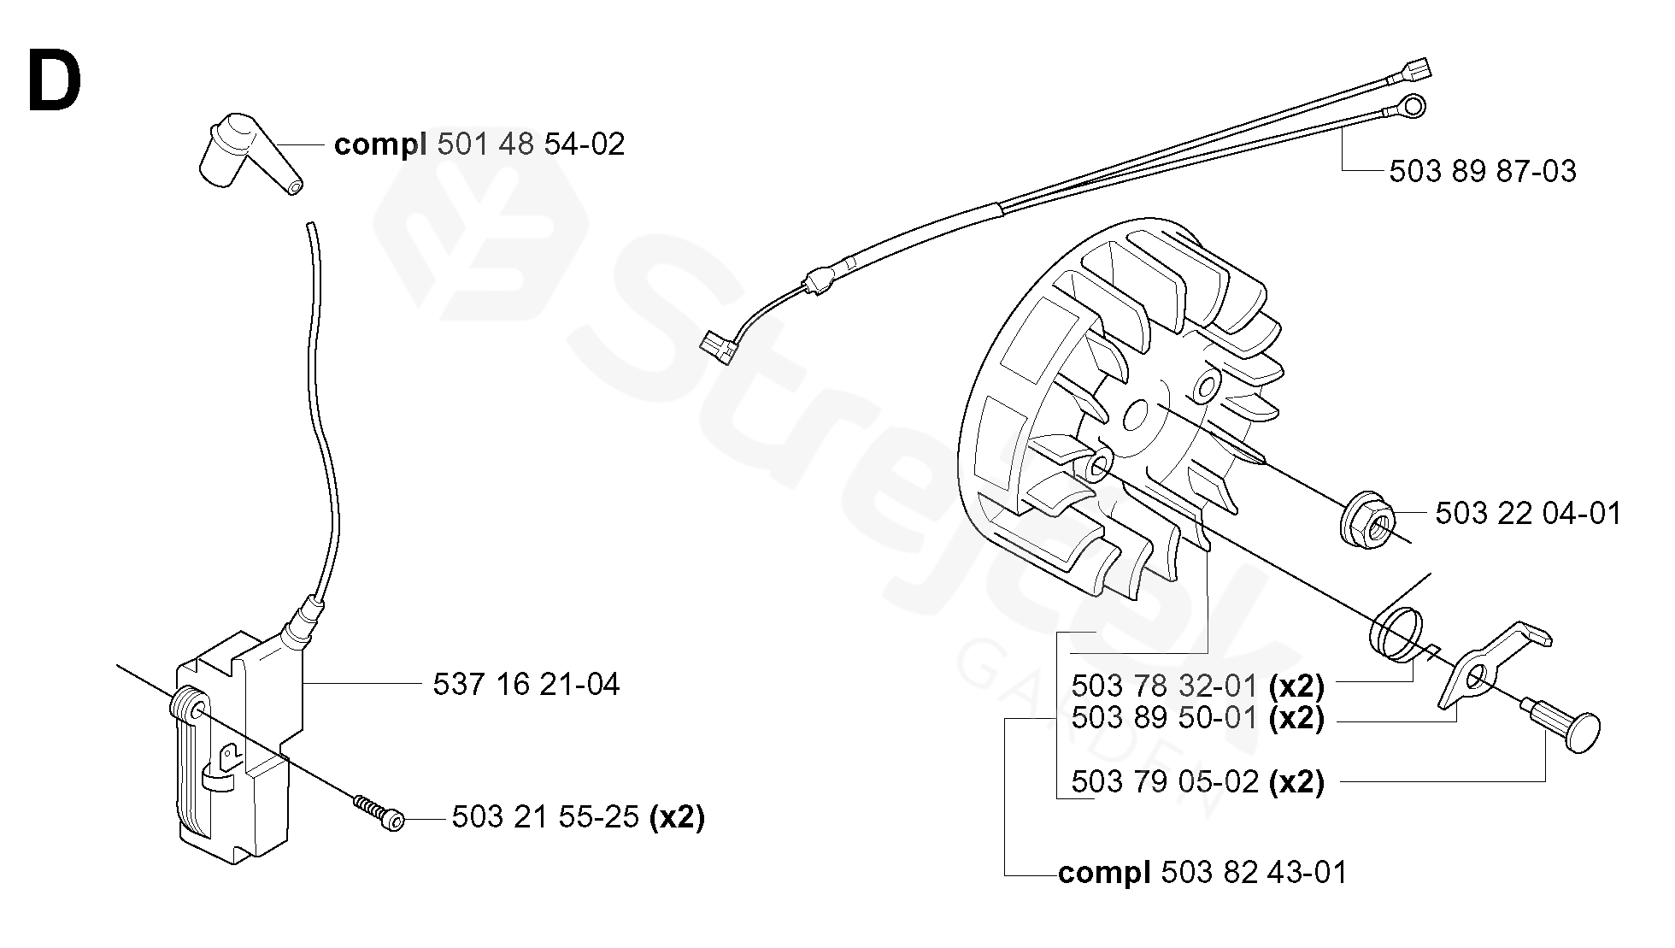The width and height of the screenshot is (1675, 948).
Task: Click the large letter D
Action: pyautogui.click(x=55, y=82)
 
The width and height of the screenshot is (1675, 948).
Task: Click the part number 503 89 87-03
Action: pyautogui.click(x=1482, y=172)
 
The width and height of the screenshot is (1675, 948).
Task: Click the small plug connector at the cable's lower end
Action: pyautogui.click(x=716, y=347)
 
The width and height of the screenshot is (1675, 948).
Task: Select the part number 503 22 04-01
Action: pyautogui.click(x=1527, y=514)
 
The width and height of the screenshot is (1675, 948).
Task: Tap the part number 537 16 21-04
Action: pyautogui.click(x=526, y=685)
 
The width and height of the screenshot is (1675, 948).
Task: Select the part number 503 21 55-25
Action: pyautogui.click(x=545, y=818)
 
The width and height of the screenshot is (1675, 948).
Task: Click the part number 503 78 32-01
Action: pyautogui.click(x=1164, y=686)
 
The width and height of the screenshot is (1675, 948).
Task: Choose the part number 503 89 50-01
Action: pyautogui.click(x=1164, y=718)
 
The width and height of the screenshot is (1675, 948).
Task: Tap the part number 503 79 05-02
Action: pyautogui.click(x=1164, y=782)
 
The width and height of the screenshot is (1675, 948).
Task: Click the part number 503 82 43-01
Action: pyautogui.click(x=1254, y=873)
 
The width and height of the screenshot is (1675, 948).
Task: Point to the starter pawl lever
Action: pyautogui.click(x=1487, y=667)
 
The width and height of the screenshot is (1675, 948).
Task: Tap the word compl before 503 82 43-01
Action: pyautogui.click(x=1104, y=874)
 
